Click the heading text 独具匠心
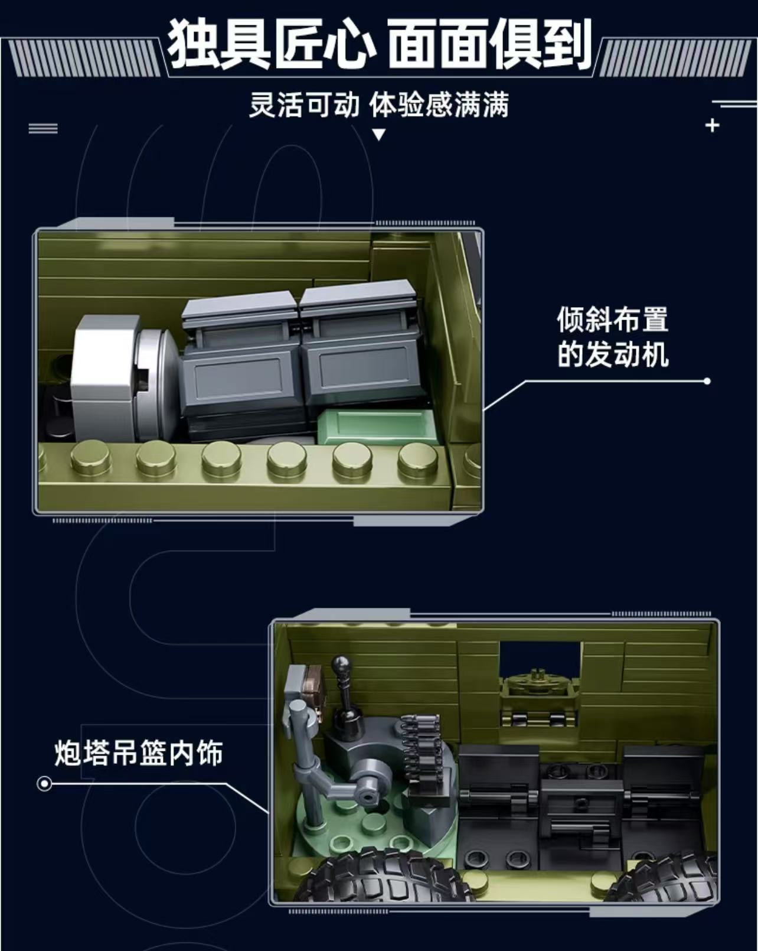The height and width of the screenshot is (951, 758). pyautogui.click(x=272, y=44)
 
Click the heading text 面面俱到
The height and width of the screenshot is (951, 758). pyautogui.click(x=490, y=44)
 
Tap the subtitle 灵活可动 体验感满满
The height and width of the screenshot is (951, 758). pyautogui.click(x=378, y=106)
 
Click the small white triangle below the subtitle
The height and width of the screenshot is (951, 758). pyautogui.click(x=379, y=135)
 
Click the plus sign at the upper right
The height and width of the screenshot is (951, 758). pyautogui.click(x=712, y=125)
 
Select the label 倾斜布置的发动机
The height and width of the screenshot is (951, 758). pyautogui.click(x=612, y=337)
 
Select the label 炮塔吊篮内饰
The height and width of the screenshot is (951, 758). pyautogui.click(x=138, y=754)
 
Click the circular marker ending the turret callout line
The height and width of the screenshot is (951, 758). pyautogui.click(x=44, y=784)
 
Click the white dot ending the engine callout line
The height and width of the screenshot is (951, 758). pyautogui.click(x=707, y=381)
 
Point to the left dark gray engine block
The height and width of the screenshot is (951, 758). pyautogui.click(x=239, y=366)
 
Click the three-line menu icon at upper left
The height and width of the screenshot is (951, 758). pyautogui.click(x=43, y=128)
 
